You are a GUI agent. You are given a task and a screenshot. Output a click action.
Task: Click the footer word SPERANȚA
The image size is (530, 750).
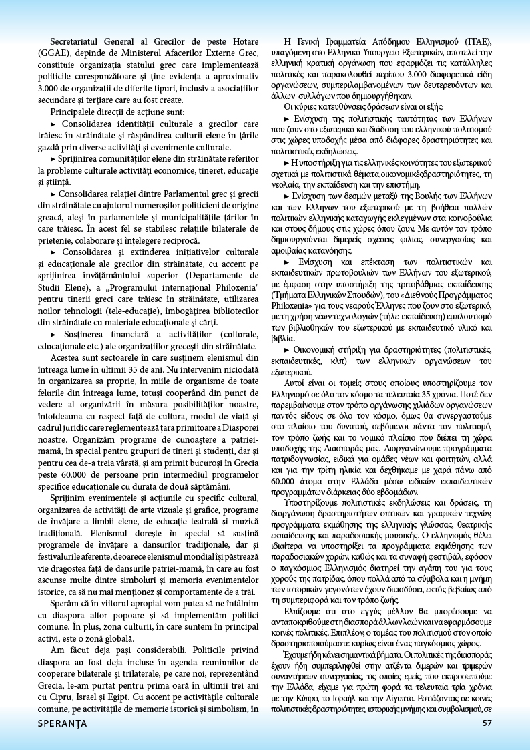[62, 723]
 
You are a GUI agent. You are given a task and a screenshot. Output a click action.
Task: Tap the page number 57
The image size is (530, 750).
[487, 723]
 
